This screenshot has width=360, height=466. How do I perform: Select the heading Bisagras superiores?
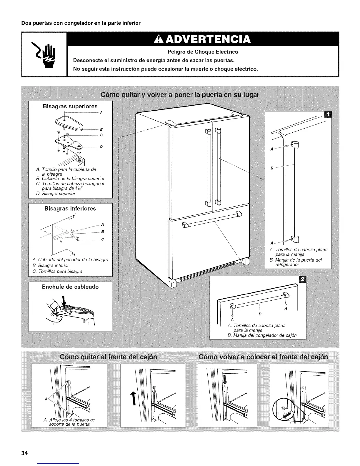70,106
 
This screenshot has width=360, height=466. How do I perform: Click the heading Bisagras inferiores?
70,209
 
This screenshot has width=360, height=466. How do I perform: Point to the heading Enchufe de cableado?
70,287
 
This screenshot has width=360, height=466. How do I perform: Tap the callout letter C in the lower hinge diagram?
102,239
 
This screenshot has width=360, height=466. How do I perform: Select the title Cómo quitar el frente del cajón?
108,357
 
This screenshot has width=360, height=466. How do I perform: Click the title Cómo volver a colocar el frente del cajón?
263,357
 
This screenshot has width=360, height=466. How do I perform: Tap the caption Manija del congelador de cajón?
265,335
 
